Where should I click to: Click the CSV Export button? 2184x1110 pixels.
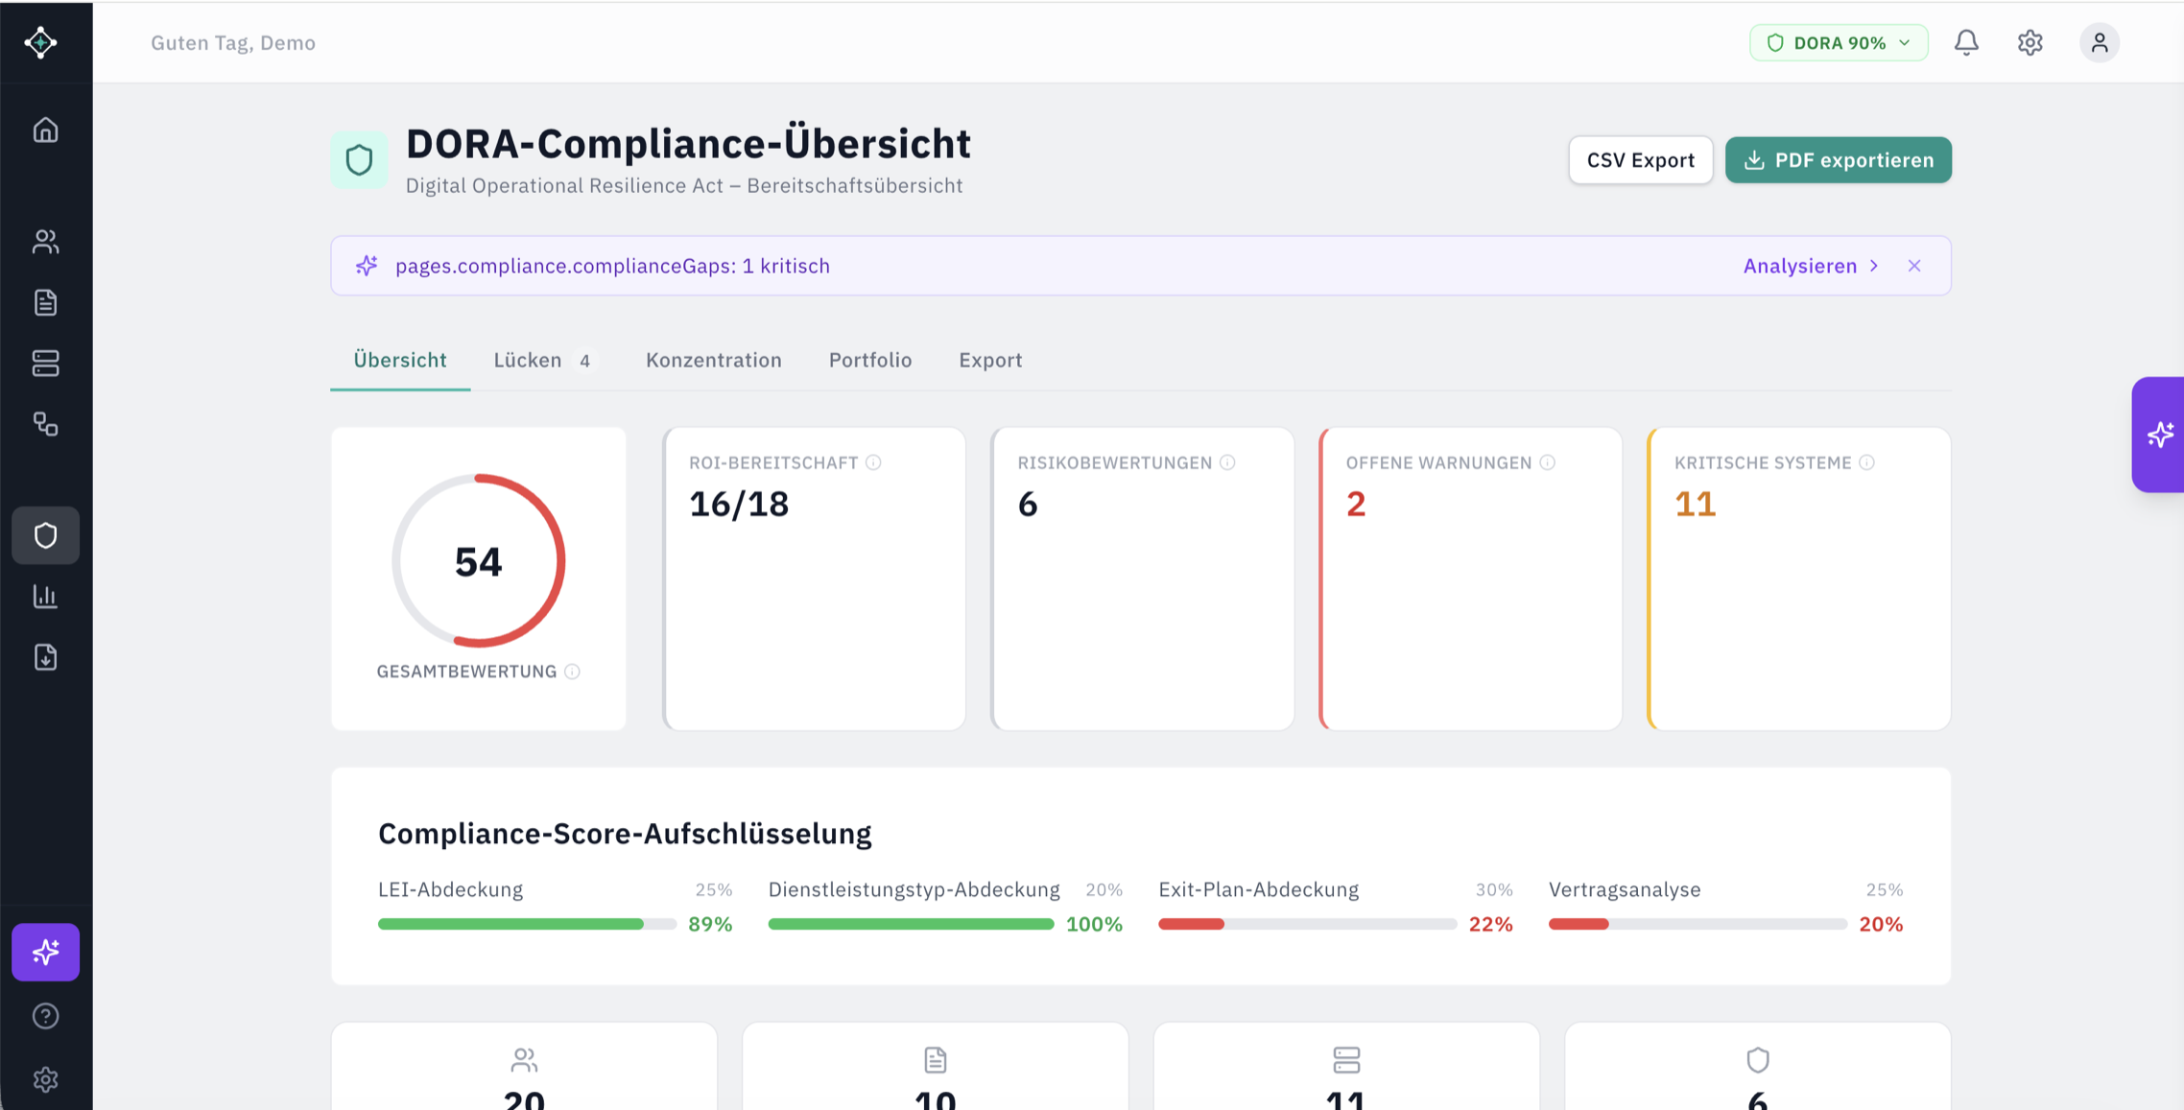click(1640, 160)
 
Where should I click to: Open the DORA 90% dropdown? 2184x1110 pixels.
click(1838, 43)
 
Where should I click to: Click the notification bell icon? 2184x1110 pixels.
click(1966, 43)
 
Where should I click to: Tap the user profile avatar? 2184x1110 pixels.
click(2099, 43)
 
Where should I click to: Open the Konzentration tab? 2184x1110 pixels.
click(713, 360)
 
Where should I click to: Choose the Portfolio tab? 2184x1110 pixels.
click(869, 360)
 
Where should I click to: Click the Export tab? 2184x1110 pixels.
click(989, 360)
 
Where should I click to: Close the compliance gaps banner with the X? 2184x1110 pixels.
click(1913, 266)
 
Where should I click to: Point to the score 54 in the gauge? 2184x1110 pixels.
click(478, 562)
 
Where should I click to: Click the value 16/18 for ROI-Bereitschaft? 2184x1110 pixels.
click(739, 505)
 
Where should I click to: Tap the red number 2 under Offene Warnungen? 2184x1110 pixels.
click(1355, 505)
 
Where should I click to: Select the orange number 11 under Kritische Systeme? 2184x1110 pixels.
click(1695, 505)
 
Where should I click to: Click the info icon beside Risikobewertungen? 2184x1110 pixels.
click(1227, 462)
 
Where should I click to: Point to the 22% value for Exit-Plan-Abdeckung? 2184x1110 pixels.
click(1490, 924)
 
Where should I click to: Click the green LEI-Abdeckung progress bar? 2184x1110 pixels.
click(510, 924)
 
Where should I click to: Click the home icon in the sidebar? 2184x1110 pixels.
click(45, 130)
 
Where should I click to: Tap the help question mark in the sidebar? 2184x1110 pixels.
click(45, 1016)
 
